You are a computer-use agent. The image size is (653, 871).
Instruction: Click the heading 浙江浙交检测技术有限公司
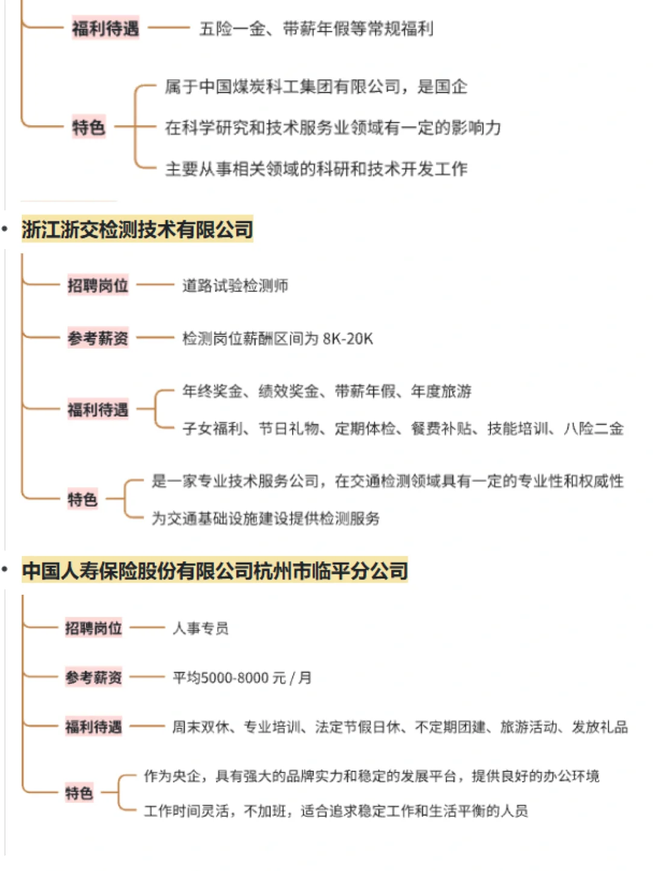tap(137, 230)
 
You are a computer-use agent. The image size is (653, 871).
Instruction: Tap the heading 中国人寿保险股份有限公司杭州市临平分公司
tap(215, 571)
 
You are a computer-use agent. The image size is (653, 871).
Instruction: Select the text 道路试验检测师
tap(235, 285)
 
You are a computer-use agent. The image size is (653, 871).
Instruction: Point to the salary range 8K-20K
tap(348, 338)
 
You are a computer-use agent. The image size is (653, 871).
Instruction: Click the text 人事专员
tap(201, 629)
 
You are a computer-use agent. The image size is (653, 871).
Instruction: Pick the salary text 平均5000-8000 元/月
tap(242, 678)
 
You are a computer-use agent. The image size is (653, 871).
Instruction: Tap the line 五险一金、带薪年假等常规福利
tap(316, 28)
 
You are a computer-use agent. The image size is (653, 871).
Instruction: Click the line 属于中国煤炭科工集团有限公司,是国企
tap(316, 87)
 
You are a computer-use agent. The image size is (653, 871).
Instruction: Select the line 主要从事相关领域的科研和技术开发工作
tap(316, 169)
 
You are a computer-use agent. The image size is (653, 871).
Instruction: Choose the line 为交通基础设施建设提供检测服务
tap(265, 518)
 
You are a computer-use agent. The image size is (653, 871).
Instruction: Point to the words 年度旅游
tap(441, 391)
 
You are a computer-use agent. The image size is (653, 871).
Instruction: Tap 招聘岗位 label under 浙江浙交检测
tap(98, 285)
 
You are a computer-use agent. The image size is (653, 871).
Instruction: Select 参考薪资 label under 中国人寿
tap(94, 678)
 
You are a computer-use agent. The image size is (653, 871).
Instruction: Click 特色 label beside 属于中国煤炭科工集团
tap(88, 128)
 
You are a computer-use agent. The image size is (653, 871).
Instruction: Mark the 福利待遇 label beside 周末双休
tap(94, 727)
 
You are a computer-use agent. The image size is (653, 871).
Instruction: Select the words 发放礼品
tap(600, 727)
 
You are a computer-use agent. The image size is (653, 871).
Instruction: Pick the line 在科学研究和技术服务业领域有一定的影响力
tap(333, 128)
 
